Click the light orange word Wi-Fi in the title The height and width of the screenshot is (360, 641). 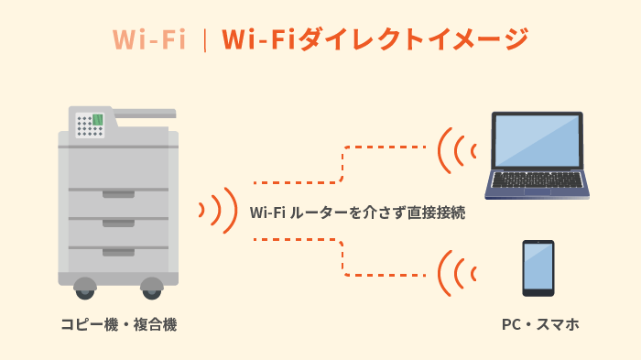(149, 38)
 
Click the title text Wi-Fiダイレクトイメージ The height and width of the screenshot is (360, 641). (375, 38)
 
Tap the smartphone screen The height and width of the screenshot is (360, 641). (538, 267)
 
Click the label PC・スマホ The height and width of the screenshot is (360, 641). (540, 324)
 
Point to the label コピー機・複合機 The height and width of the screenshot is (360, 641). (118, 324)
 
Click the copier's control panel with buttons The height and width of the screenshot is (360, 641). (91, 124)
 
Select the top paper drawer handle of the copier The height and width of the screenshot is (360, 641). (118, 193)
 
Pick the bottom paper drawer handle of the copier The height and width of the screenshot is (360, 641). (118, 251)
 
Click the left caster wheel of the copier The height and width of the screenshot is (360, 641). (85, 289)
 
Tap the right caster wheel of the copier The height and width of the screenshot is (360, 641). (152, 289)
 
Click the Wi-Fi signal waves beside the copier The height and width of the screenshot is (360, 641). (218, 211)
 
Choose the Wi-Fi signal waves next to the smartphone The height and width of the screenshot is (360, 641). (456, 272)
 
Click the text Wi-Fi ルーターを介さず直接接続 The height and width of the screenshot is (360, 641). (358, 213)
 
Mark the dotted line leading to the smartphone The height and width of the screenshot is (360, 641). (342, 257)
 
